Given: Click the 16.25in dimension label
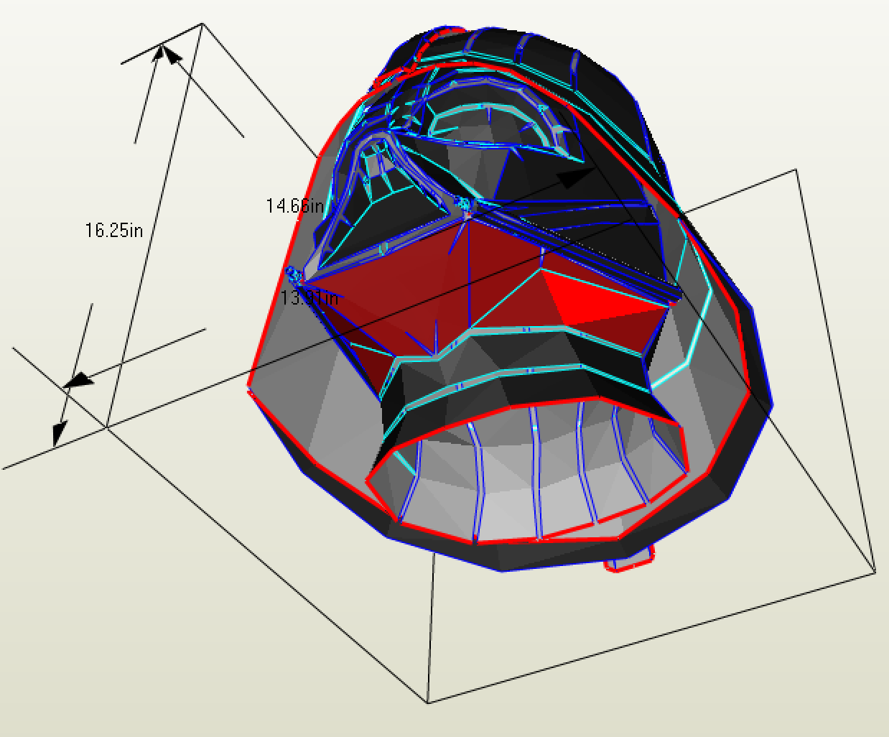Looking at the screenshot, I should (114, 231).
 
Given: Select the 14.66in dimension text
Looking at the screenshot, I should (294, 206).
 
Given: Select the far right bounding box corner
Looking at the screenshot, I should (875, 572).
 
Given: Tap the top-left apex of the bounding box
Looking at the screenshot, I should (202, 24).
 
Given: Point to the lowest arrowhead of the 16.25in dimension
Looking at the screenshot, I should (59, 433).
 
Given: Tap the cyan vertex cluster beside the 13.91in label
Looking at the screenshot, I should (292, 272).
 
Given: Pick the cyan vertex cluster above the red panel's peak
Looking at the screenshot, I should (464, 204).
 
